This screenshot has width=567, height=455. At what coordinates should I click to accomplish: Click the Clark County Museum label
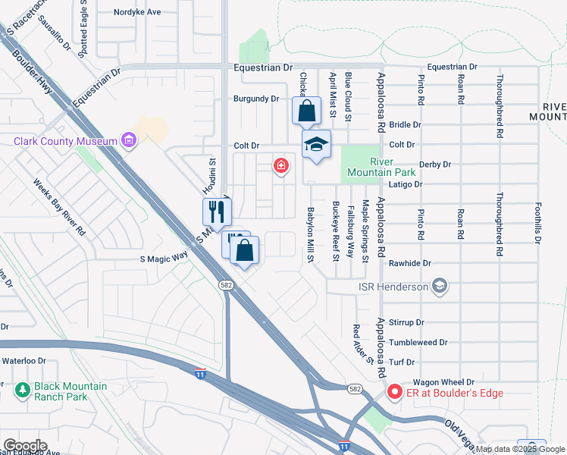[65, 141]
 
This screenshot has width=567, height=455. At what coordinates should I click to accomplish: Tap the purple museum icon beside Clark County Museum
[128, 140]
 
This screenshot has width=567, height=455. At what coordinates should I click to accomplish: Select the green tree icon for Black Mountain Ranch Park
[22, 390]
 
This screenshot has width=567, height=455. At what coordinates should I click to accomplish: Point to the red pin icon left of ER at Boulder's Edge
[394, 392]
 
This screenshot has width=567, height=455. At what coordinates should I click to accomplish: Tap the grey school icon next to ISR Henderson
[440, 286]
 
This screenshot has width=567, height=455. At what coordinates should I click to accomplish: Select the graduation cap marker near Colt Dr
[316, 145]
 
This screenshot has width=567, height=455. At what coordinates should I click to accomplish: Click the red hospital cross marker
[281, 165]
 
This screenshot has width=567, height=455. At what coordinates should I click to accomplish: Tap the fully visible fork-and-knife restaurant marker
[217, 212]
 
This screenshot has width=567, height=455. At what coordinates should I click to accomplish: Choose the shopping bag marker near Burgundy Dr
[306, 111]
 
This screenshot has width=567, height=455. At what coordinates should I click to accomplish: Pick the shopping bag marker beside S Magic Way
[245, 251]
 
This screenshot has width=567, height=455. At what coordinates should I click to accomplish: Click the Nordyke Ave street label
[137, 12]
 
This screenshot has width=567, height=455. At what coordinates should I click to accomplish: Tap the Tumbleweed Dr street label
[418, 342]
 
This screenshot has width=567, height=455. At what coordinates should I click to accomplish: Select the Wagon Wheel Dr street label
[443, 382]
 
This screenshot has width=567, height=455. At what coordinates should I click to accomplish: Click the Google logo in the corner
[24, 445]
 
